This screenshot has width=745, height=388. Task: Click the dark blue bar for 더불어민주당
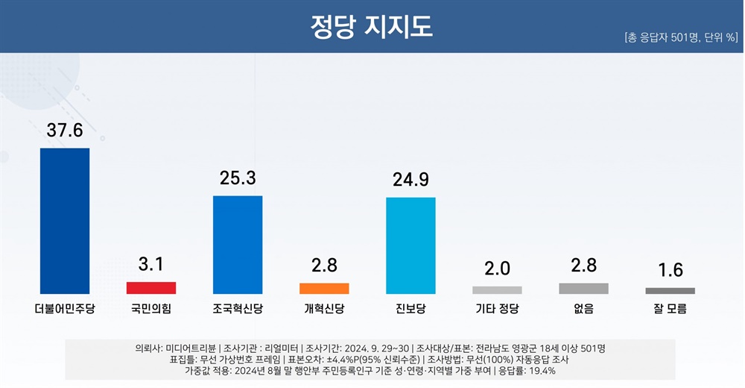point(65,221)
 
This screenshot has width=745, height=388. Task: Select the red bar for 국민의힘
point(151,288)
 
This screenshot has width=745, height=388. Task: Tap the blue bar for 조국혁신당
point(238,245)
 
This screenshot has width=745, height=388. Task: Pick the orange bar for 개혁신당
point(324,289)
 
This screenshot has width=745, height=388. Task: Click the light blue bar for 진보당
point(410,245)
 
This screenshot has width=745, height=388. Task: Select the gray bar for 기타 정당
point(497,290)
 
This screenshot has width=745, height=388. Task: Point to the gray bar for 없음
point(583,289)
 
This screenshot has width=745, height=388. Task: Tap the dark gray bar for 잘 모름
point(670,291)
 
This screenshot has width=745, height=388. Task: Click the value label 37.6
point(65,131)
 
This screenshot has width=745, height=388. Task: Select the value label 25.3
point(238,178)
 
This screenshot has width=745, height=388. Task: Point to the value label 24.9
point(410,180)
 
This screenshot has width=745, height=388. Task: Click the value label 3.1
point(151,264)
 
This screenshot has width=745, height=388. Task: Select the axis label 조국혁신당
point(238,308)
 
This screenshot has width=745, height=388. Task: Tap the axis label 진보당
point(410,308)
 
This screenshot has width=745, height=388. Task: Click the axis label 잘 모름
point(670,308)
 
